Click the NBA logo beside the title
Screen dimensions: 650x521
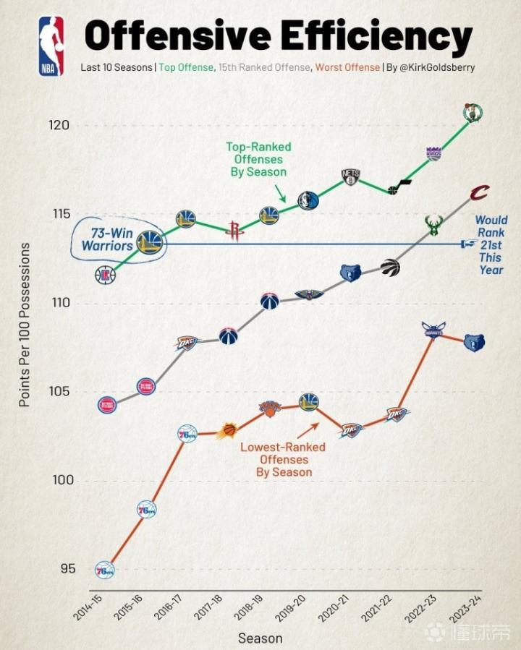[x=51, y=46]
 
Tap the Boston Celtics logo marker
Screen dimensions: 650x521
[x=473, y=112]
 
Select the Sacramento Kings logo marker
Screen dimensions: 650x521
[x=433, y=153]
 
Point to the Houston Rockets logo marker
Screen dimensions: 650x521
[x=233, y=231]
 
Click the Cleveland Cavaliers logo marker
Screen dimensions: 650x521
[x=479, y=193]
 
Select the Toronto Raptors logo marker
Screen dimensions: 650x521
[x=390, y=267]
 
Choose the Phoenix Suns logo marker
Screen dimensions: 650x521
[x=227, y=431]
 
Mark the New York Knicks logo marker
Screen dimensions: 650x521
[x=269, y=409]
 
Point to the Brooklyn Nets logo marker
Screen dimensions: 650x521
[x=351, y=178]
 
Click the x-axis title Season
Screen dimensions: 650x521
[x=260, y=638]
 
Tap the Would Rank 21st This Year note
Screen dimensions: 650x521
[x=490, y=245]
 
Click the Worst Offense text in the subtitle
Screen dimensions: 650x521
[x=347, y=67]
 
